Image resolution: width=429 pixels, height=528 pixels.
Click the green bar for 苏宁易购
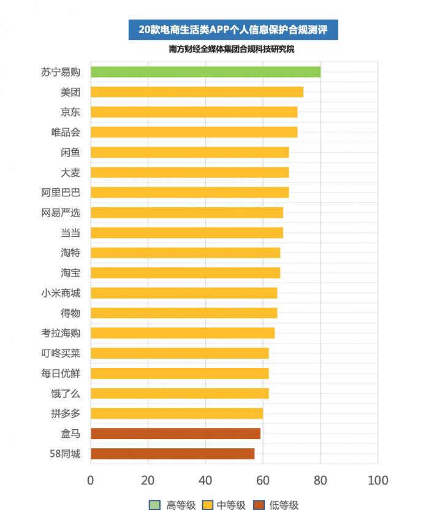click(205, 72)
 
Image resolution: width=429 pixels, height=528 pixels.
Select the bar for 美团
click(197, 92)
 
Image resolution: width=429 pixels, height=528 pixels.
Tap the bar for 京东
click(194, 112)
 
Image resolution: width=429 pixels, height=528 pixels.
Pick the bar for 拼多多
click(177, 413)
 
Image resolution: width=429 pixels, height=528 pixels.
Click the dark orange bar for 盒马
click(175, 434)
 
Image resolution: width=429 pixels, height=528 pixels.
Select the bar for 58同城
click(172, 454)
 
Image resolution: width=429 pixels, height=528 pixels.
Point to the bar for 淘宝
click(185, 273)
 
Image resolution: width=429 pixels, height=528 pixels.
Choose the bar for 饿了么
click(180, 393)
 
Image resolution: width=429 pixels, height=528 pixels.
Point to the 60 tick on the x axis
click(263, 480)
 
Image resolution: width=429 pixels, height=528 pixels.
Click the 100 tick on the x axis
click(378, 480)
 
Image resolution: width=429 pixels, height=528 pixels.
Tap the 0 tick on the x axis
click(91, 480)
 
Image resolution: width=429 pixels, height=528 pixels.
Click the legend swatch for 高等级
click(154, 505)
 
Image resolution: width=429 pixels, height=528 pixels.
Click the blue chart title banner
click(233, 29)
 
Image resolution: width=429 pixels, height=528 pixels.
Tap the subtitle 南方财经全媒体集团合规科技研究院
click(232, 49)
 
